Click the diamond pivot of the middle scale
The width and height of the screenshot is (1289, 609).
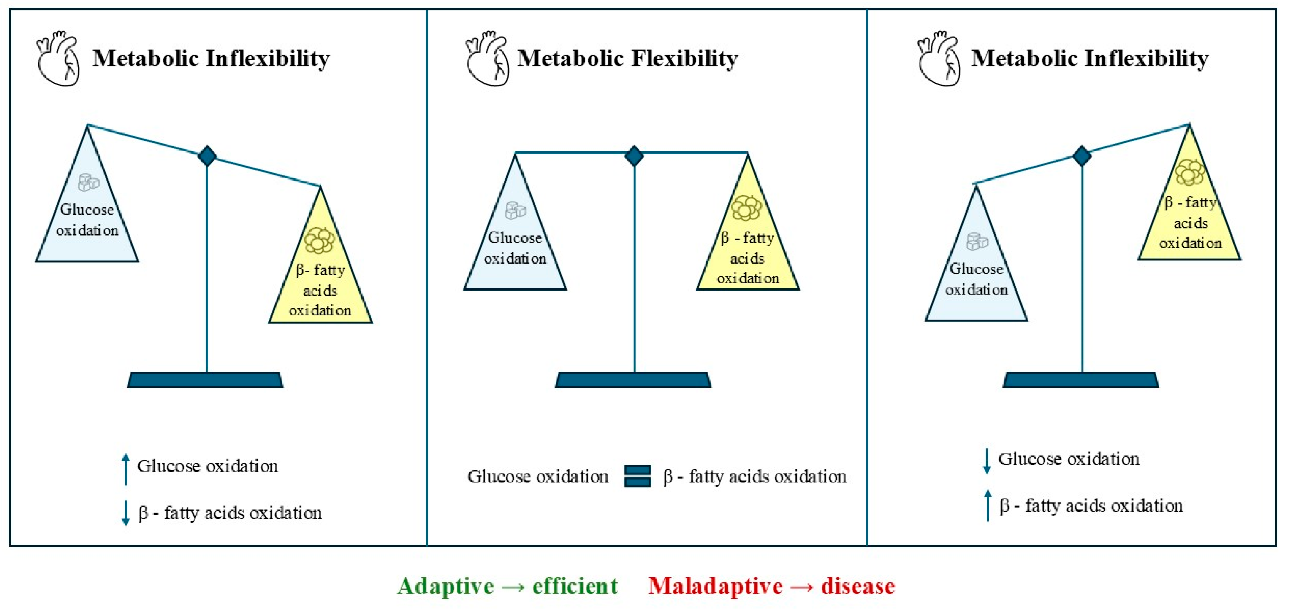(634, 156)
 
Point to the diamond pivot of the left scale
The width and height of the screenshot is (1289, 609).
(207, 156)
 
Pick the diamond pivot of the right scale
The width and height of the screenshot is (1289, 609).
(1082, 156)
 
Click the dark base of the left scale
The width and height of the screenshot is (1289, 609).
(205, 380)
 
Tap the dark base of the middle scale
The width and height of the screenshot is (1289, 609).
(633, 380)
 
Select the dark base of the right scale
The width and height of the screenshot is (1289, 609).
(1081, 380)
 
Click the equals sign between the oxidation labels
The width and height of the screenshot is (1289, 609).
(638, 476)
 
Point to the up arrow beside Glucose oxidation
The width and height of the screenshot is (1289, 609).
(125, 469)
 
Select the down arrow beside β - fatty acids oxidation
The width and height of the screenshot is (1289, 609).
(125, 513)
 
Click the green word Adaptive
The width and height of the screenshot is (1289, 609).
(446, 586)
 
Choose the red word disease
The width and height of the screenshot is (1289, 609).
(858, 586)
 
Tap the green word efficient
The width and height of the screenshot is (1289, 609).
(575, 586)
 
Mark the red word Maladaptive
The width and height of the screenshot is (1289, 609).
(716, 586)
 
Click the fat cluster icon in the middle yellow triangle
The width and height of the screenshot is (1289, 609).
(746, 207)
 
